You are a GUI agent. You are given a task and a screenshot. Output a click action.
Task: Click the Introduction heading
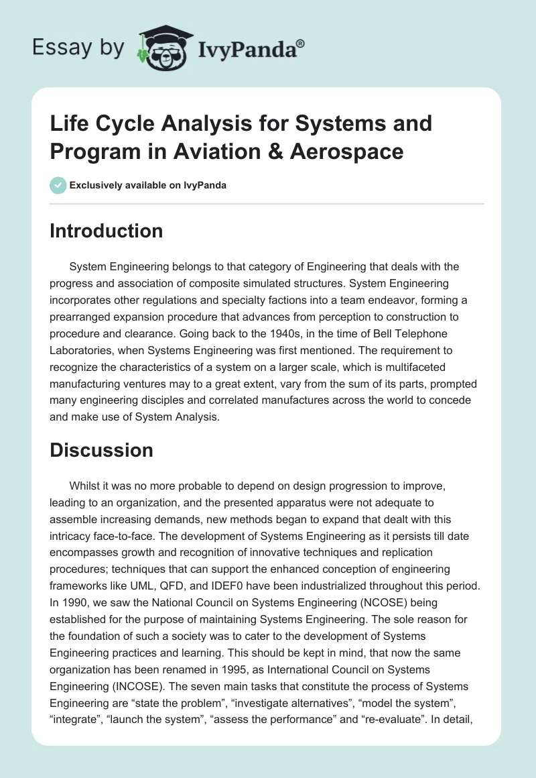[x=106, y=231]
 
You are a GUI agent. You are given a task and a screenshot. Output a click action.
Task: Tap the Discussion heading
[x=101, y=450]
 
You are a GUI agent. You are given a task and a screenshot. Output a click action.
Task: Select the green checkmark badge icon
[x=58, y=185]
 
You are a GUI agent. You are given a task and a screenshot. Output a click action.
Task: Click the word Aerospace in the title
[x=346, y=152]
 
